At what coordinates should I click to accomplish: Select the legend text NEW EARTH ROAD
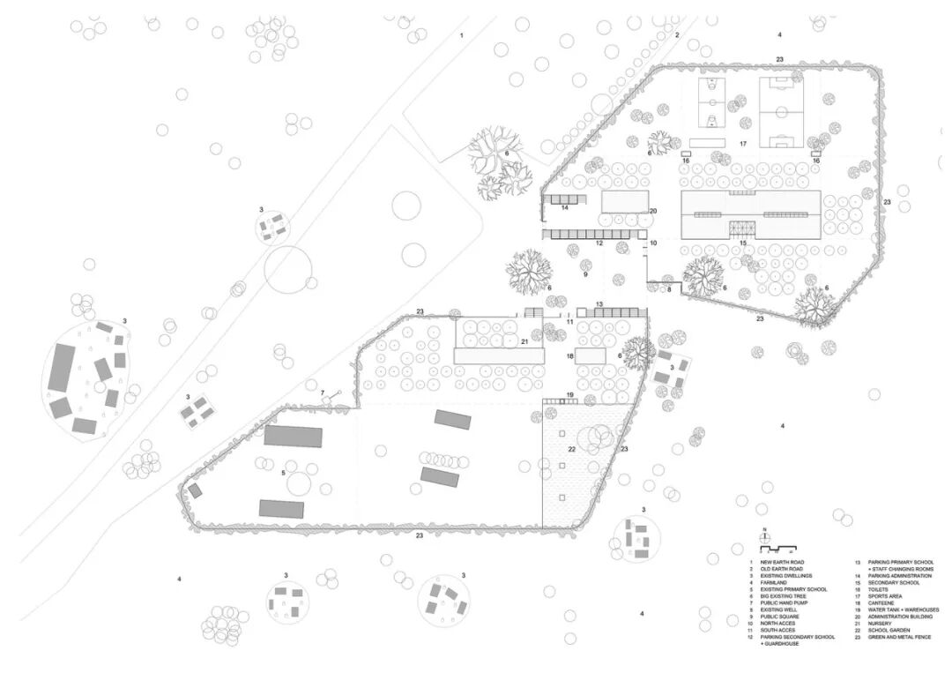pyautogui.click(x=783, y=562)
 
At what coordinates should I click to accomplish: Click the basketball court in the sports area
pyautogui.click(x=711, y=104)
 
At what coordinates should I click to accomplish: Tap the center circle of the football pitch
pyautogui.click(x=778, y=112)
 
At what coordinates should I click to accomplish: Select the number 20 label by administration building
pyautogui.click(x=653, y=211)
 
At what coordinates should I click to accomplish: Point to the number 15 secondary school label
pyautogui.click(x=743, y=243)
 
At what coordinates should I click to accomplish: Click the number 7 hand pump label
pyautogui.click(x=323, y=392)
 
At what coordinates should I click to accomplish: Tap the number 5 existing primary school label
pyautogui.click(x=282, y=474)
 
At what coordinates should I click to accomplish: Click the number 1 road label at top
pyautogui.click(x=460, y=35)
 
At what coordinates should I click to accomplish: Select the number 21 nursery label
pyautogui.click(x=524, y=341)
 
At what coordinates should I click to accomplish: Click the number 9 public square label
pyautogui.click(x=584, y=275)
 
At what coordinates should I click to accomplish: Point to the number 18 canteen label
pyautogui.click(x=570, y=356)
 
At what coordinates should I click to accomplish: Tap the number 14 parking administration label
pyautogui.click(x=564, y=208)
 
